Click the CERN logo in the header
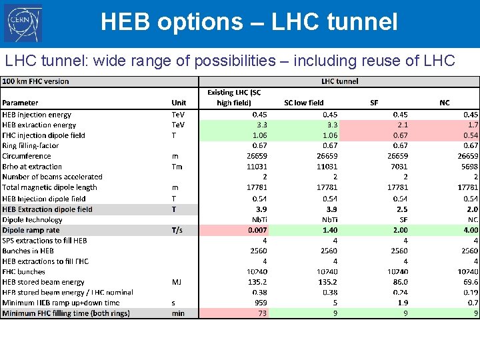24,24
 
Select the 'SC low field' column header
303,103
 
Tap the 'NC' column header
445,103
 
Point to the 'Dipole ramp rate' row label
31,230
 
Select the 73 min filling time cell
262,313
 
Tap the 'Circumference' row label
27,156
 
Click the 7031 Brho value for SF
398,167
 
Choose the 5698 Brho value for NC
468,167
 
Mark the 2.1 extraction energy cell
402,125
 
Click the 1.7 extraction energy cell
472,125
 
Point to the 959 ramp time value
260,303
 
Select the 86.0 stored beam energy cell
399,282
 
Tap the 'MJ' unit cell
177,282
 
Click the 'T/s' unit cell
179,230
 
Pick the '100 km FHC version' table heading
36,81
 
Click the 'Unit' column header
179,103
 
